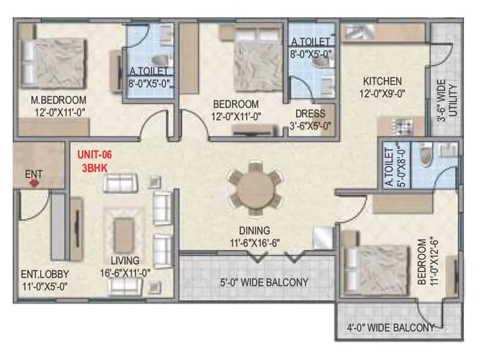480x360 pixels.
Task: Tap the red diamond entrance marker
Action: point(34,184)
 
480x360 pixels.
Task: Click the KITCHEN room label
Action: point(381,81)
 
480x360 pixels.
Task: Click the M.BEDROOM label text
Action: point(58,100)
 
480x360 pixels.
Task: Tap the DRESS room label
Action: point(310,113)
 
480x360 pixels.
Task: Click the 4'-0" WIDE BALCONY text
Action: point(391,328)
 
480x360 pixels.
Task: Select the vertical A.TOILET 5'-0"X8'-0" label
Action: point(391,166)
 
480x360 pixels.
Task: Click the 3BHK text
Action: point(94,168)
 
